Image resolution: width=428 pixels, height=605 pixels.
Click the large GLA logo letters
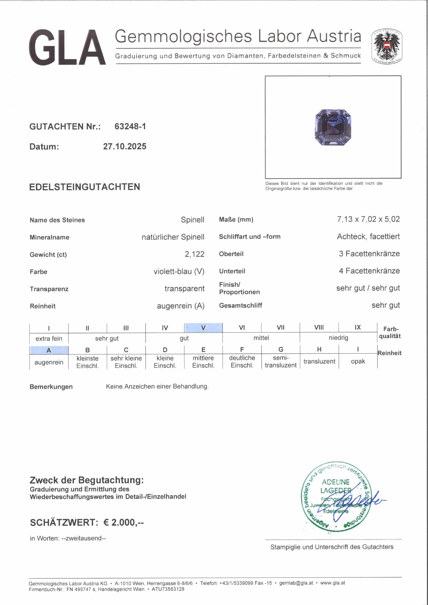[x=67, y=47]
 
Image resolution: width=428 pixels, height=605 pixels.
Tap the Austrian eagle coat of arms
[x=387, y=46]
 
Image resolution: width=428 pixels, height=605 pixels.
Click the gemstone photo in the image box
[x=333, y=127]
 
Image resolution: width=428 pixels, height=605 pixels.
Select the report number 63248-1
[x=130, y=126]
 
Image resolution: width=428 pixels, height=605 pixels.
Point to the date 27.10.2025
[x=125, y=146]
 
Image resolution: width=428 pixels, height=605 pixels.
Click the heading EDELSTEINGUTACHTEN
[x=85, y=187]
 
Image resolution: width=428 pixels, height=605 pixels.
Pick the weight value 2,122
[x=194, y=254]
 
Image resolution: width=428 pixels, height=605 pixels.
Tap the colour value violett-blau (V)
[x=179, y=271]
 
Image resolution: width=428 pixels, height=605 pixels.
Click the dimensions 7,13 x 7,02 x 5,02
[x=368, y=219]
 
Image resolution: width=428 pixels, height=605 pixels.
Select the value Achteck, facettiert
[x=368, y=237]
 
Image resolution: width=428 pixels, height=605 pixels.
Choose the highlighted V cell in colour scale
[x=203, y=328]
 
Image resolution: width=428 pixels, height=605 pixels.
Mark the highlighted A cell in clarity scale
[x=49, y=350]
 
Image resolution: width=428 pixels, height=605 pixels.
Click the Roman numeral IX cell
[x=358, y=327]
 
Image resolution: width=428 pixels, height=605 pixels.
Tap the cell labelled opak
[x=358, y=361]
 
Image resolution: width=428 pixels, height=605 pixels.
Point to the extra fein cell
[x=49, y=338]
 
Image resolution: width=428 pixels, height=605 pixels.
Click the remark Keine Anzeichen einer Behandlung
[x=157, y=386]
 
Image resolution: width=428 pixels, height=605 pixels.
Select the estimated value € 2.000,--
[x=124, y=522]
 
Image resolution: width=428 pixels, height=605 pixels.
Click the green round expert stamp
[x=335, y=496]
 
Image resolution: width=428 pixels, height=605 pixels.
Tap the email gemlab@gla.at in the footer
[x=296, y=583]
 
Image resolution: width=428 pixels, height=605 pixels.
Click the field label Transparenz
[x=49, y=289]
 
